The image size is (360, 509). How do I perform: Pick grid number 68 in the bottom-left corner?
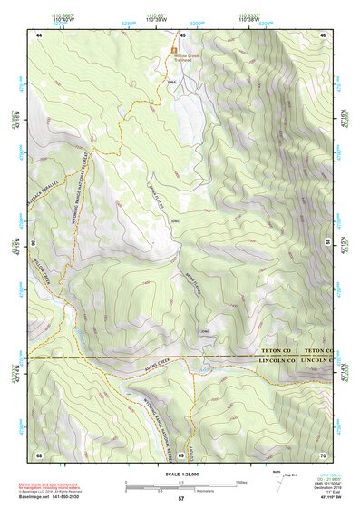[x=39, y=454]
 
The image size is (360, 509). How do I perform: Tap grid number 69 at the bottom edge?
[x=181, y=454]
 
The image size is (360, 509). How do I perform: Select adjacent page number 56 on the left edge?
[x=33, y=244]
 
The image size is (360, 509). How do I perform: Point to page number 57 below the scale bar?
[x=181, y=499]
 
